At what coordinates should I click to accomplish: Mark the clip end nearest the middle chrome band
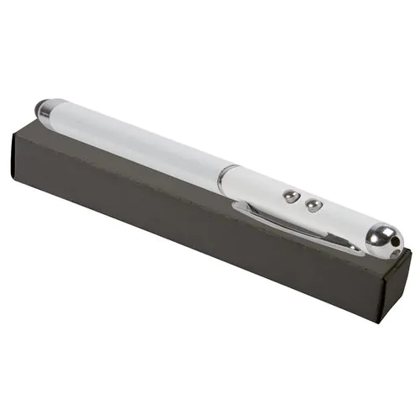[x=239, y=207]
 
